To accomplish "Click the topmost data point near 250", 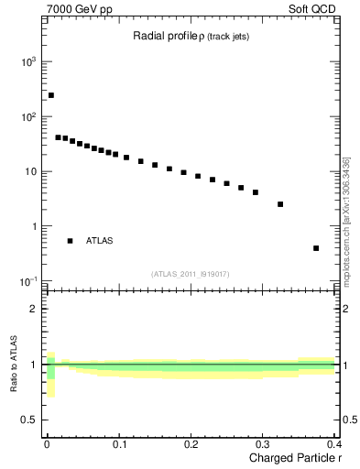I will (51, 95).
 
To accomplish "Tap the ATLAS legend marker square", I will (70, 241).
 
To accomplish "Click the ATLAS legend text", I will (100, 241).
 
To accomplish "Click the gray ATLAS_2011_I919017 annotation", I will (190, 272).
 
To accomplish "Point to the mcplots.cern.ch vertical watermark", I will (345, 220).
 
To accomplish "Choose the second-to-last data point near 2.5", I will (280, 204).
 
